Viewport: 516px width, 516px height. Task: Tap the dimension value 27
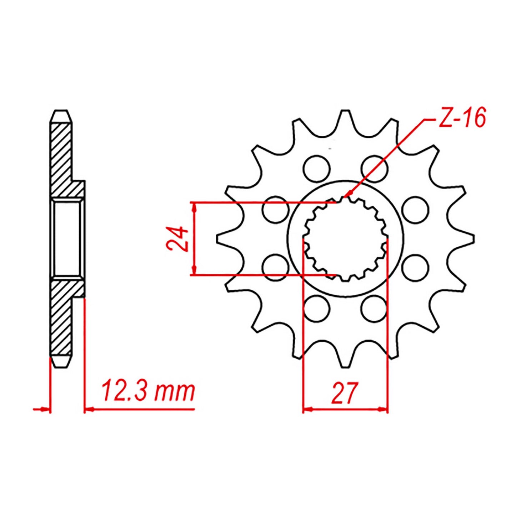click(344, 392)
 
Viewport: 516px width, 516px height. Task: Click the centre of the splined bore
click(345, 239)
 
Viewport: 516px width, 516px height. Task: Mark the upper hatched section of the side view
click(62, 157)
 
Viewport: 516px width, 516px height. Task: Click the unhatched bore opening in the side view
click(66, 239)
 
